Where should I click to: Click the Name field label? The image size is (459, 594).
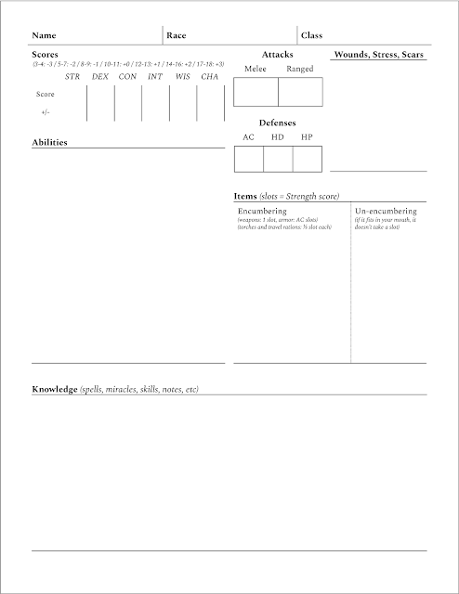44,35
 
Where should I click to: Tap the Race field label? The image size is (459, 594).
177,35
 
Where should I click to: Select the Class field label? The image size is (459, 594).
311,35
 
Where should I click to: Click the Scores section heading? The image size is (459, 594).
46,55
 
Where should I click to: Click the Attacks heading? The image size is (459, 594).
278,55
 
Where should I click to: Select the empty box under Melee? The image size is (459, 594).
256,92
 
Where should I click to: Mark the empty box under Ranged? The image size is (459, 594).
300,92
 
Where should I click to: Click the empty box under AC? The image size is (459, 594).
248,159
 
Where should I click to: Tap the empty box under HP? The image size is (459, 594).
307,159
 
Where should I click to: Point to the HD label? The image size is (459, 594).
277,137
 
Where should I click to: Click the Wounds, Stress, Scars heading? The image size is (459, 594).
379,55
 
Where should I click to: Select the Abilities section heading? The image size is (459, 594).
49,143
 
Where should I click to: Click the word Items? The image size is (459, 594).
245,196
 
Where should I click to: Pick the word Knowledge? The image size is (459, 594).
55,389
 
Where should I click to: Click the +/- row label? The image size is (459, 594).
44,111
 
